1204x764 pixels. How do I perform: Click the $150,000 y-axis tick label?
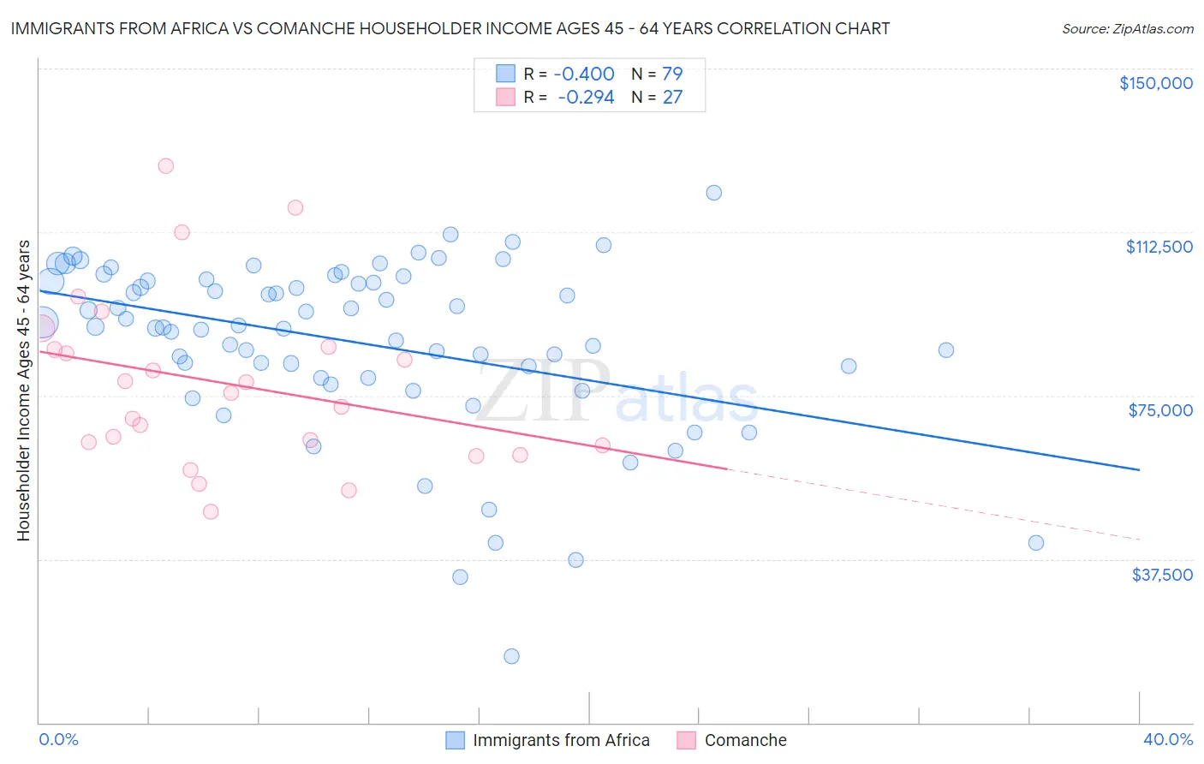tap(1155, 83)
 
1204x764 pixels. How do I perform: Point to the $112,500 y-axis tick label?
tap(1159, 247)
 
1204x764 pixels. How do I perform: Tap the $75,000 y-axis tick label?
tap(1160, 410)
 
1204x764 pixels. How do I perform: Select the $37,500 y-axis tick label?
tap(1162, 574)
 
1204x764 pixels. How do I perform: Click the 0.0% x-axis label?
tap(58, 739)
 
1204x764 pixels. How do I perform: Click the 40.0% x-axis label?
tap(1167, 739)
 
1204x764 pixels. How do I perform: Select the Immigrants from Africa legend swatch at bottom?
tap(455, 740)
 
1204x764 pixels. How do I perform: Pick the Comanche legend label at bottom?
tap(745, 740)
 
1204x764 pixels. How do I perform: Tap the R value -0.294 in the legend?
tap(586, 97)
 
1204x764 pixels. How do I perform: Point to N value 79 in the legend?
tap(672, 74)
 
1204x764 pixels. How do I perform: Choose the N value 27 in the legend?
tap(672, 97)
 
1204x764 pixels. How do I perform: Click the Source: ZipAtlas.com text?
tap(1127, 28)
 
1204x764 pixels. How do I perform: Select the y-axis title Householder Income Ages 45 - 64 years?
tap(23, 391)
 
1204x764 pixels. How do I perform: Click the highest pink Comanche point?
tap(166, 166)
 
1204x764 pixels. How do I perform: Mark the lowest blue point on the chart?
tap(511, 656)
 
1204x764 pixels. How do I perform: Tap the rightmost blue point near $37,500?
tap(1036, 542)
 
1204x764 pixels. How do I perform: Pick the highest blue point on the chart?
tap(713, 193)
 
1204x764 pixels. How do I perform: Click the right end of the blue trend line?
tap(1139, 469)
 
